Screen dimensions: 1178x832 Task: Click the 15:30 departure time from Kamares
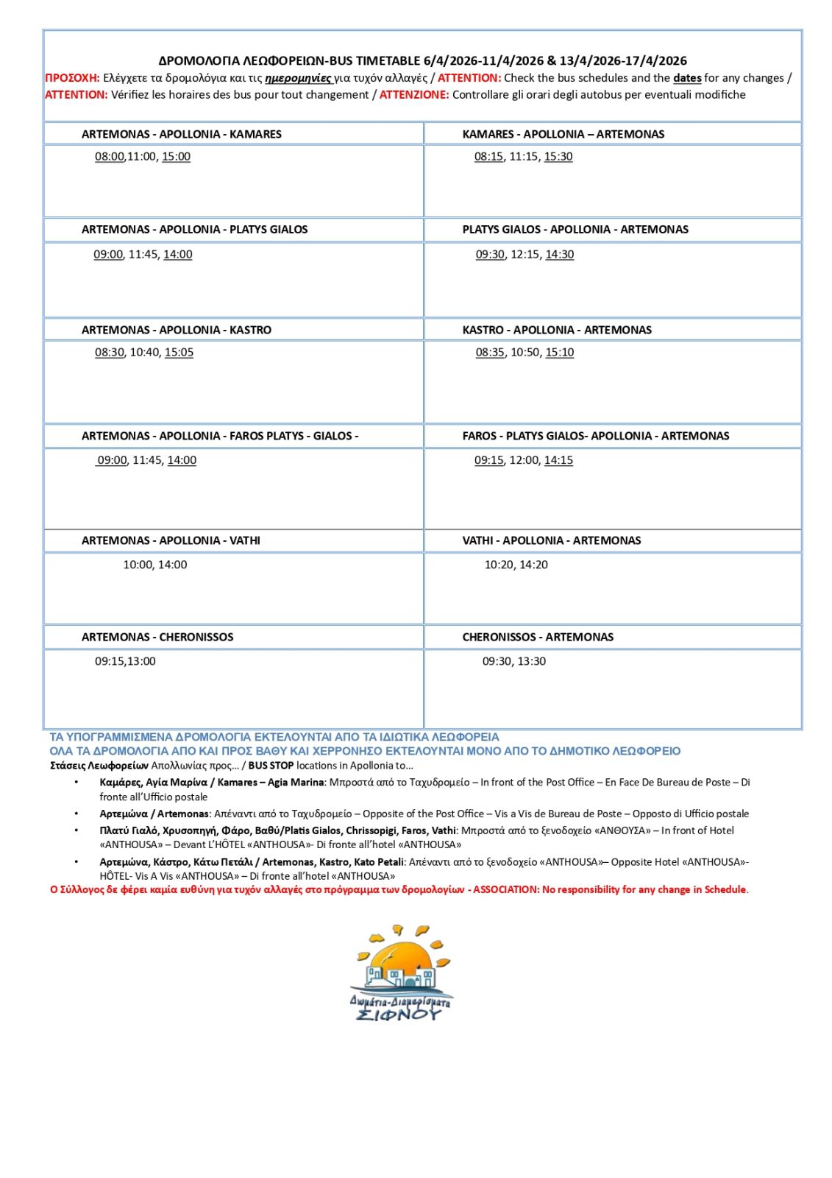558,156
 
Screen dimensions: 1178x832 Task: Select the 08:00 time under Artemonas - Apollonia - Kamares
109,156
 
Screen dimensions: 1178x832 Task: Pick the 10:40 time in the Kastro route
144,352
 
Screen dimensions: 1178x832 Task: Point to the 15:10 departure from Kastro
559,352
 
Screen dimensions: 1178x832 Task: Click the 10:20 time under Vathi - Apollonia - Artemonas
499,565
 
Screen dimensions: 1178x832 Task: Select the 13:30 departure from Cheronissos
532,661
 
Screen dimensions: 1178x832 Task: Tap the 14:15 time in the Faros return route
558,460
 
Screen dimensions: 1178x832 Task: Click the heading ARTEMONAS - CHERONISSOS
157,637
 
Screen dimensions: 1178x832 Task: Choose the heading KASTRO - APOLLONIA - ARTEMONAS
557,330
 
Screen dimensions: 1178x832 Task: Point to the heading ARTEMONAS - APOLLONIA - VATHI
171,540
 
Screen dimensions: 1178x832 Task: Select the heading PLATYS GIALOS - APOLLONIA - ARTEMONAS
575,229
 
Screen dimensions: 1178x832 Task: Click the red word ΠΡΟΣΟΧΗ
71,78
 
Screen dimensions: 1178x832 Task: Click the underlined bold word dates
687,78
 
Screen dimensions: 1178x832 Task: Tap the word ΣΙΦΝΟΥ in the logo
398,1015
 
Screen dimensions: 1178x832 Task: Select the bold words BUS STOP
271,766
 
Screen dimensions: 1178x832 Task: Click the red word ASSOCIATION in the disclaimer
505,889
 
